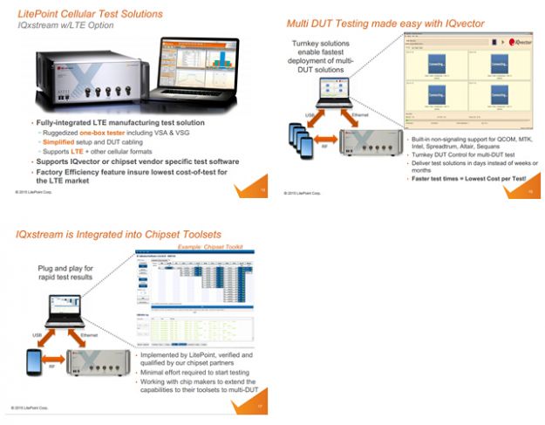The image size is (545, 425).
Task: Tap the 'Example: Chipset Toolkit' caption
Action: tap(201, 249)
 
